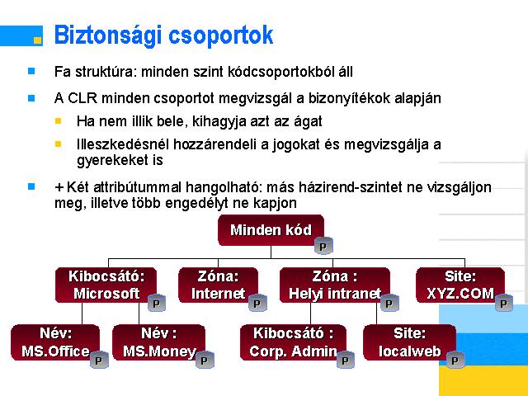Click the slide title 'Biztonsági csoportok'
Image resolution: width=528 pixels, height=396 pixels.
(163, 35)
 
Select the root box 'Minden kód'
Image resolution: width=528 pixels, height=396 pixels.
(271, 230)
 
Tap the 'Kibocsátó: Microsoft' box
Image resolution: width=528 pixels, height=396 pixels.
(106, 285)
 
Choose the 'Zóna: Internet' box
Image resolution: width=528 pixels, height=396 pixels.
(218, 285)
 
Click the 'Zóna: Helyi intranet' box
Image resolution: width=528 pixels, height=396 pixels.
(335, 285)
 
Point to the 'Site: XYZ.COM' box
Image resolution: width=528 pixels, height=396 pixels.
(460, 285)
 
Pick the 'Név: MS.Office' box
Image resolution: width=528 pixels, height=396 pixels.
(55, 342)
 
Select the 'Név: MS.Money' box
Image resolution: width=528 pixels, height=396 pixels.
(158, 342)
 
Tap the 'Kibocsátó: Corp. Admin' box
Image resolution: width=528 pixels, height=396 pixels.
(293, 342)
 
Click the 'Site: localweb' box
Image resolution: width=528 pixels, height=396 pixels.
(409, 342)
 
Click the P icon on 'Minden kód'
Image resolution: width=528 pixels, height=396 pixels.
(323, 246)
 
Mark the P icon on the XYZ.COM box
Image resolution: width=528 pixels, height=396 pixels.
(504, 303)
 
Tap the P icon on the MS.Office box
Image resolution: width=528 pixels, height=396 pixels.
(99, 360)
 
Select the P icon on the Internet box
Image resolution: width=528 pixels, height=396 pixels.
(257, 303)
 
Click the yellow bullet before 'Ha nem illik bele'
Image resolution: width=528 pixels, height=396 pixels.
(59, 120)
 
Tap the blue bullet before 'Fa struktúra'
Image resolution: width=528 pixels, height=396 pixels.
(31, 71)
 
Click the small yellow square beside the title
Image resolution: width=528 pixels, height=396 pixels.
(38, 40)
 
